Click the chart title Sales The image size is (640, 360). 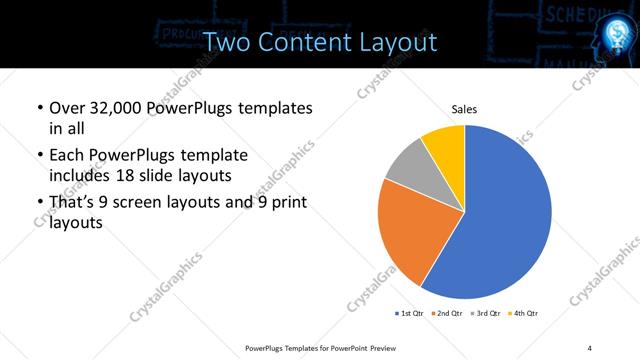coord(464,109)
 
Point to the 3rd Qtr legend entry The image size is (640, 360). coord(486,314)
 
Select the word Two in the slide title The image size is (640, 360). coord(226,42)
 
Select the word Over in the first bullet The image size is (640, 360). coord(69,108)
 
